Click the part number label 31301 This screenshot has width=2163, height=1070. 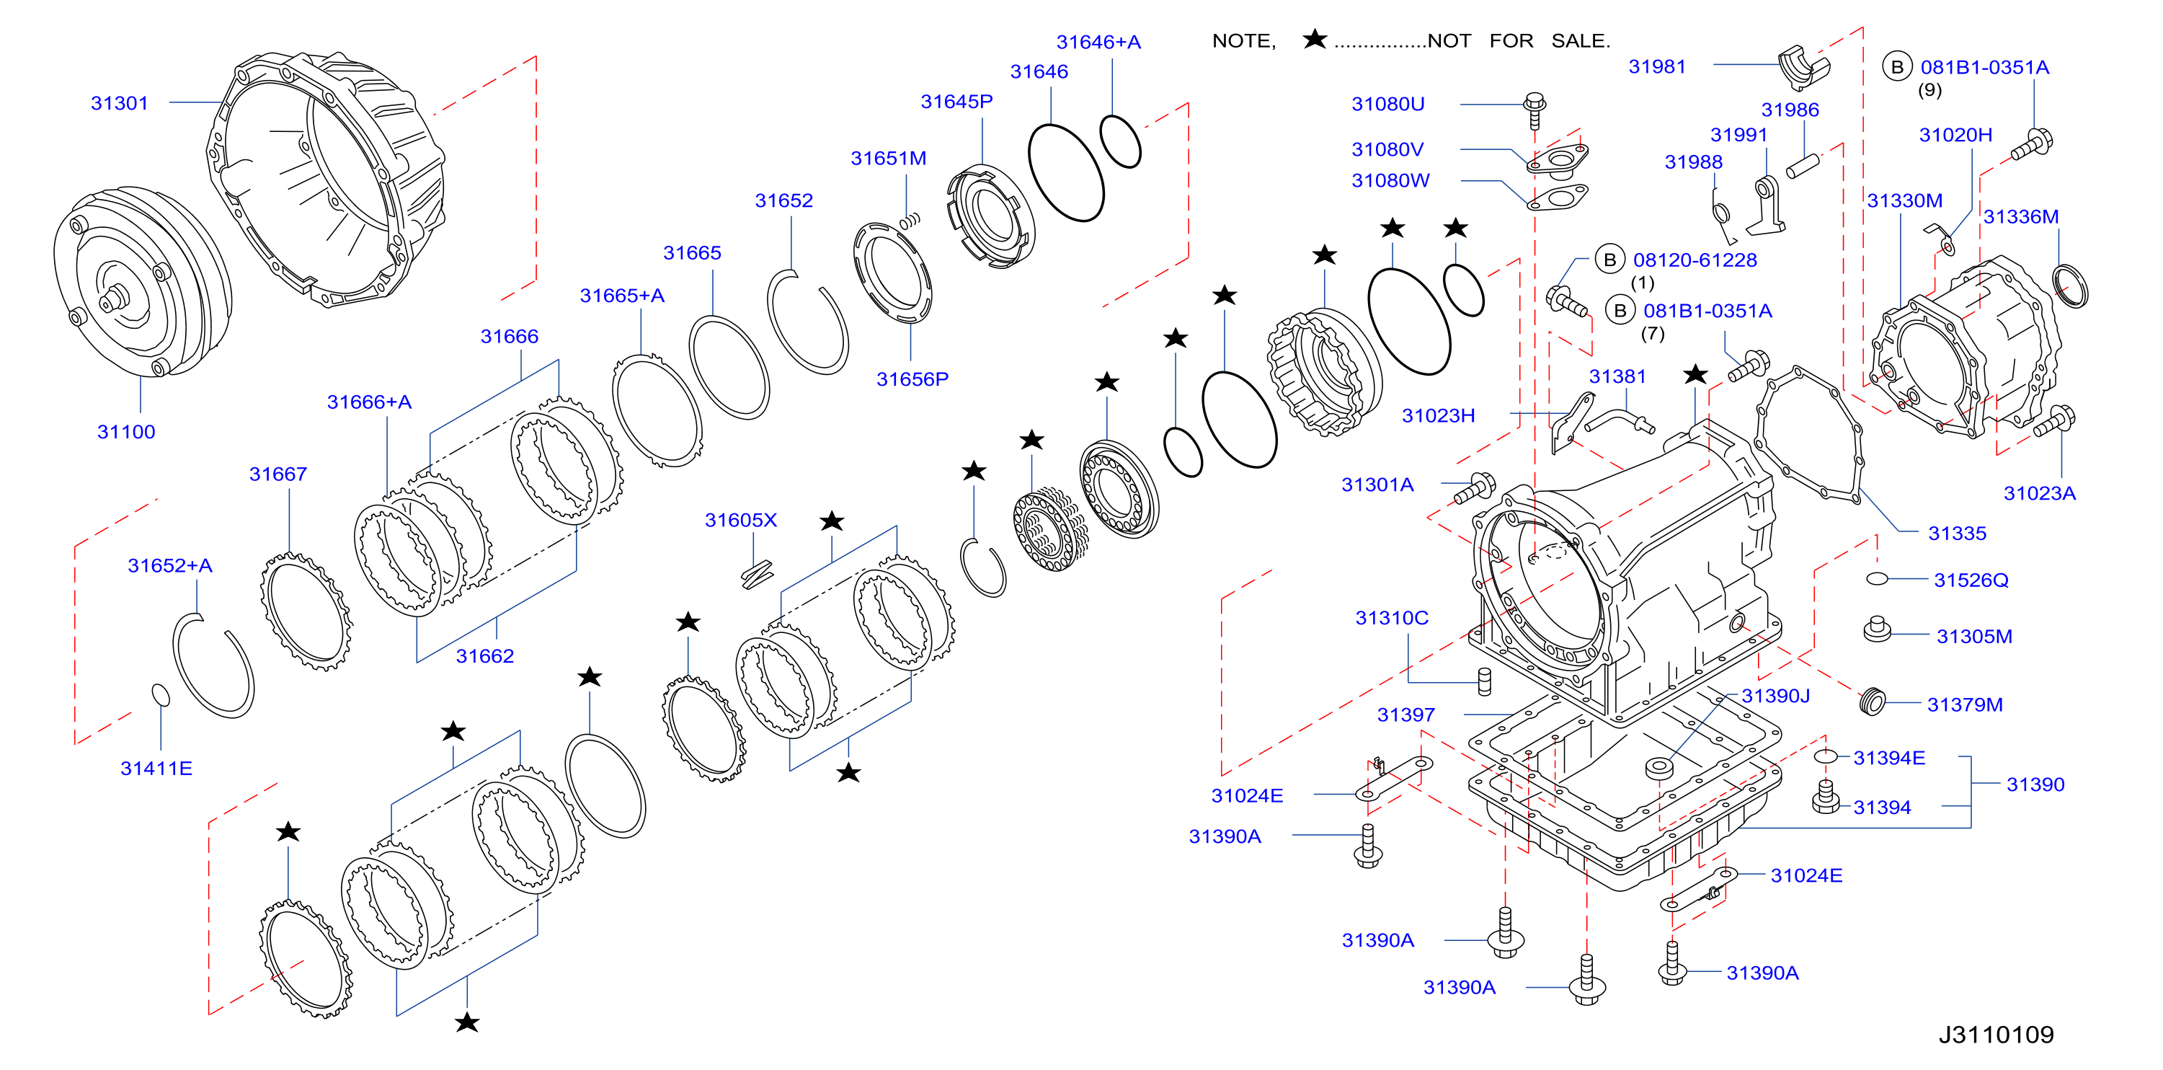[119, 103]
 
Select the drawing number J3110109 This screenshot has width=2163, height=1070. [1996, 1034]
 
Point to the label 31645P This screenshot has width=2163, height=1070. [956, 102]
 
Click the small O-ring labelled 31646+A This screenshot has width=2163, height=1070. [1120, 141]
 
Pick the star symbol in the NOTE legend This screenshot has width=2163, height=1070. [1314, 39]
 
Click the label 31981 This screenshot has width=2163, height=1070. [1657, 66]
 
